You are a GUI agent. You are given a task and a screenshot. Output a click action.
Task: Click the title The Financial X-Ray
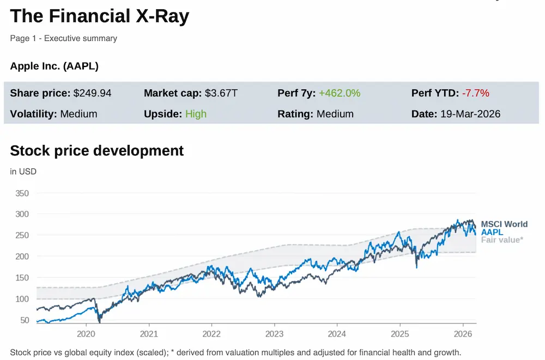coord(100,16)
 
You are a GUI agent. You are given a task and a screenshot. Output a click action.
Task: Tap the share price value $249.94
coord(92,93)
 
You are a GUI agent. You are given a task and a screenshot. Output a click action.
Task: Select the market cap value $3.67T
coord(221,93)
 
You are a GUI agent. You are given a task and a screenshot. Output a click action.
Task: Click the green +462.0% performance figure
coord(340,93)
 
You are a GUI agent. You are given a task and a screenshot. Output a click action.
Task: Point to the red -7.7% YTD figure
coord(475,93)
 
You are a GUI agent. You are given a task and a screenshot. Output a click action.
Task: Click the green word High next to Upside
coord(196,114)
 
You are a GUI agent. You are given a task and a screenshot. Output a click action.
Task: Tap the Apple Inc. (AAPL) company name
coord(54,66)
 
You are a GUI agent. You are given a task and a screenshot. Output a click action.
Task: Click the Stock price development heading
coord(97,150)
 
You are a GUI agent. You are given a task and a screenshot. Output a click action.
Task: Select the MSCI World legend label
coord(504,224)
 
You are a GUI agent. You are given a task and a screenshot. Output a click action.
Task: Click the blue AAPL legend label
coord(492,232)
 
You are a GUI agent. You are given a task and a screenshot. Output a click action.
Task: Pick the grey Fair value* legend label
coord(501,240)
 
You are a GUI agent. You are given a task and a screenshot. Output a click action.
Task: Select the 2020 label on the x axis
coord(86,333)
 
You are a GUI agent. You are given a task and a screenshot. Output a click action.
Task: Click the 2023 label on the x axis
coord(274,333)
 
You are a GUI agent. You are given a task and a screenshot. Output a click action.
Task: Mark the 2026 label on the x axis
coord(463,333)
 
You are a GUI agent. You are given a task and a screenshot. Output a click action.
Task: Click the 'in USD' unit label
coord(23,172)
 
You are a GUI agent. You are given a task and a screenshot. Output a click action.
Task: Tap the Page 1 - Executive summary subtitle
coord(63,38)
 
